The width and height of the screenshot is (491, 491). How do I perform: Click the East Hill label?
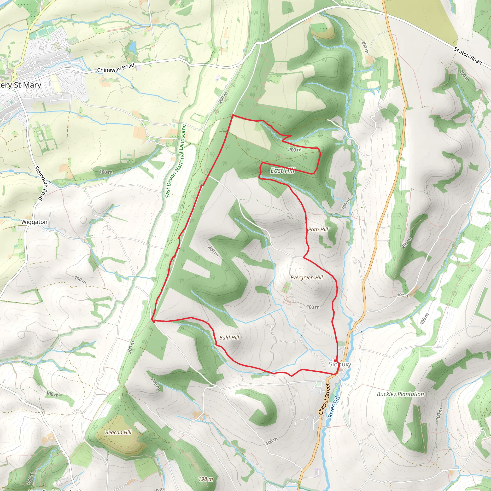tap(282, 170)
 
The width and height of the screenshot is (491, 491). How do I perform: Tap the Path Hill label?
tap(318, 229)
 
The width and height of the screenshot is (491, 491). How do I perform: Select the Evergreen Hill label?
tap(306, 278)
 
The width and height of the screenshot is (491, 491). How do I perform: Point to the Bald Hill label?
tap(229, 338)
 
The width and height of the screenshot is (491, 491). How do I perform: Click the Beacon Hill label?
tap(118, 432)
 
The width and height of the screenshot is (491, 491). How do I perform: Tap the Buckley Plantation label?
tap(400, 394)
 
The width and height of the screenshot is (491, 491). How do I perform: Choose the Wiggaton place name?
tap(34, 222)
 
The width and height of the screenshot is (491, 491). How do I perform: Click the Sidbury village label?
tap(340, 364)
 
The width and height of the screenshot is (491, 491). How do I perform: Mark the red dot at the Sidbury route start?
tap(335, 361)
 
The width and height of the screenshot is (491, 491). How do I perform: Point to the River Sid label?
tap(334, 407)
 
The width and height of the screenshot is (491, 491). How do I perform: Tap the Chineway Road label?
tap(116, 68)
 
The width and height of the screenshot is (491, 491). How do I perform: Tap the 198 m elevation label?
tap(206, 479)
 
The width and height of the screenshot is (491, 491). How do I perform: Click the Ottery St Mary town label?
tap(20, 85)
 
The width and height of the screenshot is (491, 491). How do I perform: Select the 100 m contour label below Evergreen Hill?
tap(313, 307)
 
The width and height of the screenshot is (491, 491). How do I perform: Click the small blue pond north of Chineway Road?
tap(132, 47)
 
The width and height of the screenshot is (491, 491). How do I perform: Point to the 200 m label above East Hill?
tap(295, 150)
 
